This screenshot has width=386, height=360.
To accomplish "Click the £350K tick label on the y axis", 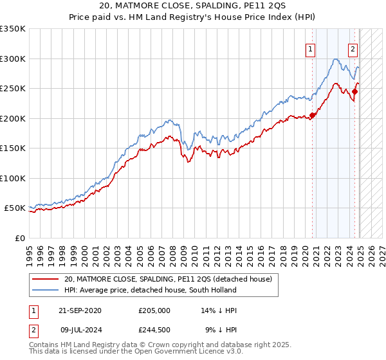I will click(x=13, y=29).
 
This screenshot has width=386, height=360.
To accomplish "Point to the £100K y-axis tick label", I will click(x=13, y=178).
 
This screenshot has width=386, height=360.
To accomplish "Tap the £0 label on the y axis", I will click(x=19, y=238).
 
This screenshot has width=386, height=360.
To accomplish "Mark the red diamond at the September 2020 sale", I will click(x=313, y=116).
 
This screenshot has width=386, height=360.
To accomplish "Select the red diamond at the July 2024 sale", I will click(x=354, y=92).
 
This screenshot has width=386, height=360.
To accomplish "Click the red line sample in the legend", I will click(x=46, y=279).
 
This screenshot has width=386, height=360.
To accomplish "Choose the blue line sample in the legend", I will click(x=46, y=290).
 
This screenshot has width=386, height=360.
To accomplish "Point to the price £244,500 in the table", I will click(x=156, y=330).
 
